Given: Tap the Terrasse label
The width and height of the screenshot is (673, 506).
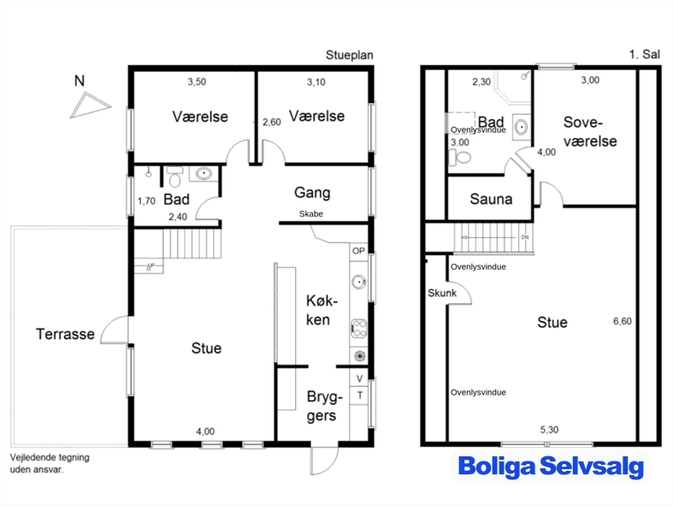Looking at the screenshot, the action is pyautogui.click(x=65, y=334).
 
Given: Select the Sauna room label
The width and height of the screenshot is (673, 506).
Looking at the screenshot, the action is pyautogui.click(x=491, y=199).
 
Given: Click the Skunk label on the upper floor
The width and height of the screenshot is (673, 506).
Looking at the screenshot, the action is pyautogui.click(x=442, y=293).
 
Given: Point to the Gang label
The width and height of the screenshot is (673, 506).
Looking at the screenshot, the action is pyautogui.click(x=312, y=193).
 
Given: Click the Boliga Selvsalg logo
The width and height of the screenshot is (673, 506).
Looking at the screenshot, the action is pyautogui.click(x=551, y=467).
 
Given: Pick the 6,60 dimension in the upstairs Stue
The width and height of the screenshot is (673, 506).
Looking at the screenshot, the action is pyautogui.click(x=623, y=321).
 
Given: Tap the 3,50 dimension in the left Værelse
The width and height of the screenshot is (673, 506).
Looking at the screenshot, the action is pyautogui.click(x=197, y=81).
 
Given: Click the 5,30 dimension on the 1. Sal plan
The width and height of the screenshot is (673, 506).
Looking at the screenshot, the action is pyautogui.click(x=549, y=430).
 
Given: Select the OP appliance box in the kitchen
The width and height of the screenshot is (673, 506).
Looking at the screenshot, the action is pyautogui.click(x=359, y=251).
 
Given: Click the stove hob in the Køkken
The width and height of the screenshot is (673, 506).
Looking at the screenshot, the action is pyautogui.click(x=359, y=329).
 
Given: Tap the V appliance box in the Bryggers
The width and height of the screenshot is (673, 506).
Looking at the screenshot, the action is pyautogui.click(x=360, y=378).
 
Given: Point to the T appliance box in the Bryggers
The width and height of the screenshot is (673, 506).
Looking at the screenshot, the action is pyautogui.click(x=360, y=395).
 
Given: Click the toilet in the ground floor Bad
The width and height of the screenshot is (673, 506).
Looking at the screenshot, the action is pyautogui.click(x=174, y=177).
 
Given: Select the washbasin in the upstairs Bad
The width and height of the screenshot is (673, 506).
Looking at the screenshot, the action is pyautogui.click(x=522, y=127).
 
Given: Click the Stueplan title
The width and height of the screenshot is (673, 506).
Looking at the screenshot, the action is pyautogui.click(x=350, y=56).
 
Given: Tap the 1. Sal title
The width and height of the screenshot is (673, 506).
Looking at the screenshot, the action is pyautogui.click(x=645, y=54).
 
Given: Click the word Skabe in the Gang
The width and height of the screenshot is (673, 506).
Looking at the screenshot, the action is pyautogui.click(x=311, y=214).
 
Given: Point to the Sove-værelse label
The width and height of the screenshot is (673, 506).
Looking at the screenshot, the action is pyautogui.click(x=590, y=132).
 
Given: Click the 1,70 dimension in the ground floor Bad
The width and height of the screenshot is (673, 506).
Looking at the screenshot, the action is pyautogui.click(x=146, y=200).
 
